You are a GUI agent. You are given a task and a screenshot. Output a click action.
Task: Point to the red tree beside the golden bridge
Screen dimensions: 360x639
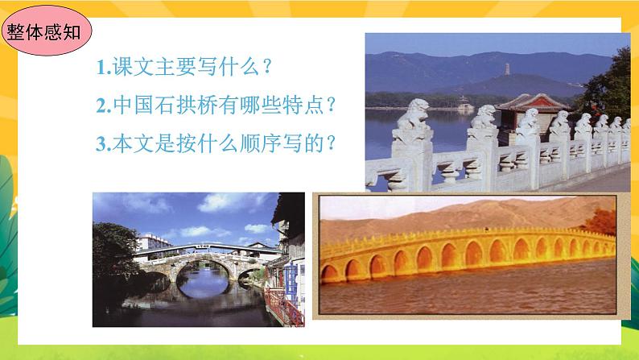click(x=602, y=221)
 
